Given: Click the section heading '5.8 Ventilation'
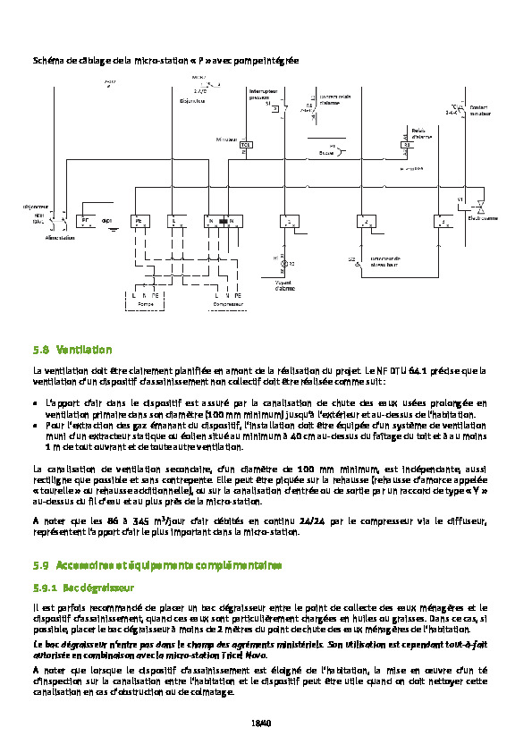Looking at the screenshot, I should pos(72,350).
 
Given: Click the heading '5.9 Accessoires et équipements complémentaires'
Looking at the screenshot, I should pos(157,565).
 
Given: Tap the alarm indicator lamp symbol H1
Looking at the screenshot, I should pos(284,266).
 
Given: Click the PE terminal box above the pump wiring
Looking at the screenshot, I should pos(139,220).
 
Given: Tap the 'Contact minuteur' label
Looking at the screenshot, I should pos(480,112).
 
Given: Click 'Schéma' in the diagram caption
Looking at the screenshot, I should pos(45,59).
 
